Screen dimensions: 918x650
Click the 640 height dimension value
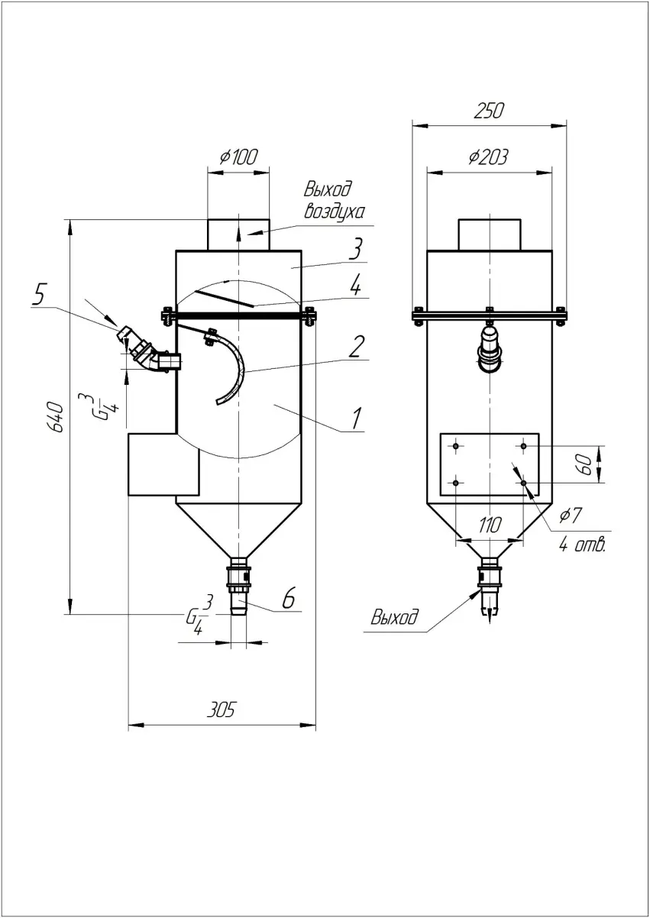point(55,416)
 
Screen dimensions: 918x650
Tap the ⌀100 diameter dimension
point(238,157)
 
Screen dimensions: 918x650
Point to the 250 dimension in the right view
point(489,110)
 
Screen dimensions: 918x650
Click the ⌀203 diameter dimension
point(488,157)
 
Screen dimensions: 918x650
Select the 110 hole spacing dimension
point(490,525)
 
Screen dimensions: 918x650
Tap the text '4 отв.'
point(582,545)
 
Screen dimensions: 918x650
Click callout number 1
point(355,418)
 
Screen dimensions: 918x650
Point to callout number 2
point(355,347)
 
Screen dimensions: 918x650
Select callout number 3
point(356,249)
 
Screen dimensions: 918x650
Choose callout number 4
point(355,286)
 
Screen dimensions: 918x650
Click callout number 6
point(288,599)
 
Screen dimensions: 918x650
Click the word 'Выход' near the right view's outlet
point(395,616)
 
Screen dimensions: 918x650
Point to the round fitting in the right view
point(489,348)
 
